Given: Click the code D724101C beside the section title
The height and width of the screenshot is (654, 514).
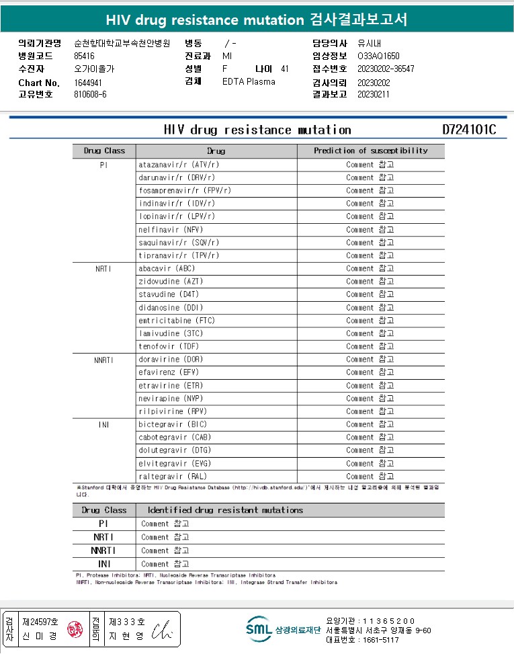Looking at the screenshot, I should [x=469, y=130].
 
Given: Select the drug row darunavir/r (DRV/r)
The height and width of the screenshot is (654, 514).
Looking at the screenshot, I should [x=177, y=177].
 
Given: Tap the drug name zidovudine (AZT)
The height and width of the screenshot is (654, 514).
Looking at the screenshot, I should [x=171, y=281].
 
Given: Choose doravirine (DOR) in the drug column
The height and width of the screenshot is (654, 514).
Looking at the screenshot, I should [x=171, y=359].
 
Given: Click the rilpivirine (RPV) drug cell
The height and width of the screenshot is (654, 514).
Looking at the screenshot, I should [x=173, y=411].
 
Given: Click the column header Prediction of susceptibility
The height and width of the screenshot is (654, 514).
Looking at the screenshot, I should [x=370, y=151].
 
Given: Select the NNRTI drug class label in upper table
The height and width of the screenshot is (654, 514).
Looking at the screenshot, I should [x=103, y=360].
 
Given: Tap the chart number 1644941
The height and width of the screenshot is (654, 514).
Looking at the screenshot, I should [x=88, y=83].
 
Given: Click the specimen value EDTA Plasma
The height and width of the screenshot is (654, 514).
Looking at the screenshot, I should [x=249, y=82].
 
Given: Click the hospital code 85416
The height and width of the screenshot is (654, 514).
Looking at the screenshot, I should [x=84, y=56].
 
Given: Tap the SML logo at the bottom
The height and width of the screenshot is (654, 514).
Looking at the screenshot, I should [x=259, y=630].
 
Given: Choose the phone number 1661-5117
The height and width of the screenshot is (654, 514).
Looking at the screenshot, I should [x=382, y=640].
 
